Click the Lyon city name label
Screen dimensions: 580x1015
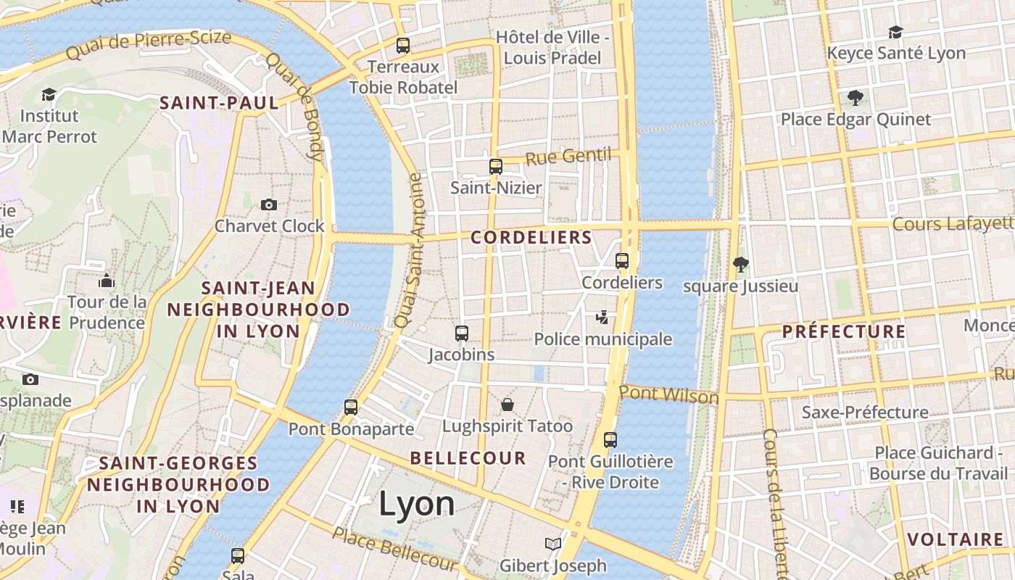pyautogui.click(x=416, y=504)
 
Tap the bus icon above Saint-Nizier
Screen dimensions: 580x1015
pyautogui.click(x=496, y=167)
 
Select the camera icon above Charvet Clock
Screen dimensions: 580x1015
pyautogui.click(x=269, y=205)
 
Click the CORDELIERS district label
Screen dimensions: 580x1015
pyautogui.click(x=531, y=237)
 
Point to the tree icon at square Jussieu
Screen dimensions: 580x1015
pyautogui.click(x=740, y=265)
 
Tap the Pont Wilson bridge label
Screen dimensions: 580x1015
pyautogui.click(x=668, y=395)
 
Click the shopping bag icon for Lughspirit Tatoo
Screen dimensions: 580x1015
pyautogui.click(x=507, y=405)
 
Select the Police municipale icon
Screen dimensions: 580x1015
pyautogui.click(x=602, y=318)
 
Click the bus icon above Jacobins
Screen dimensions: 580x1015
pyautogui.click(x=462, y=333)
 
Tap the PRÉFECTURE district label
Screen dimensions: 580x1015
pyautogui.click(x=844, y=332)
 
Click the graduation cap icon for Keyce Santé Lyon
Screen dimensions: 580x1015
pyautogui.click(x=896, y=32)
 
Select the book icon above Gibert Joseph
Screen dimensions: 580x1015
pyautogui.click(x=553, y=544)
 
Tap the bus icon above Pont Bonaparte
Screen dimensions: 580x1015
pyautogui.click(x=351, y=407)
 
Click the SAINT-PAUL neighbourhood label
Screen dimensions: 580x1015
pyautogui.click(x=219, y=103)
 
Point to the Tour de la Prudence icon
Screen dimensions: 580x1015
pyautogui.click(x=107, y=281)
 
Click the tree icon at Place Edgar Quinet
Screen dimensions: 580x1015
pyautogui.click(x=855, y=98)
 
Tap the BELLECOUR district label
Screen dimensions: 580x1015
pyautogui.click(x=468, y=458)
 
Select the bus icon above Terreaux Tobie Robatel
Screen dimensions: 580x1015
pyautogui.click(x=403, y=46)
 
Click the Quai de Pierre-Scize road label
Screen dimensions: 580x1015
pyautogui.click(x=149, y=45)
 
